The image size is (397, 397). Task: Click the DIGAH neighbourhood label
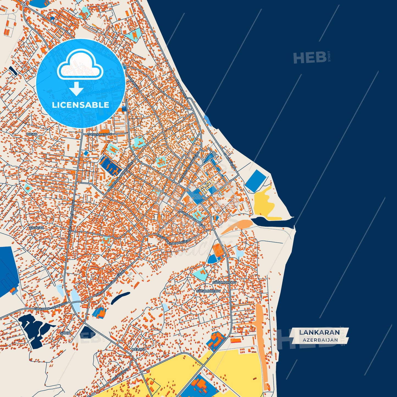tap(32, 134)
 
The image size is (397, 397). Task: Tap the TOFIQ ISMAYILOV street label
tap(99, 134)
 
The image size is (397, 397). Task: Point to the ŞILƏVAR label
tap(37, 228)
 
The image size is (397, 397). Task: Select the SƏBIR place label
tap(65, 333)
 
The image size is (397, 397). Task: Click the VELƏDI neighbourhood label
tap(138, 349)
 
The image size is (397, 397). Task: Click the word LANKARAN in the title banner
tap(319, 332)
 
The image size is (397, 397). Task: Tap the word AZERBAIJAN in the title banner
tap(320, 340)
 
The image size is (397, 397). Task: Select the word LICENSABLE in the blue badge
tap(80, 105)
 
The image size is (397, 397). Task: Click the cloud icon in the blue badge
tap(80, 65)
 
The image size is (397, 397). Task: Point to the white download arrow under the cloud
tap(76, 89)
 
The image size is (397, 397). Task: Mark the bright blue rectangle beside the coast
tap(256, 181)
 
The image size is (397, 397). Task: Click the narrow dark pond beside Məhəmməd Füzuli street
tap(120, 298)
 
